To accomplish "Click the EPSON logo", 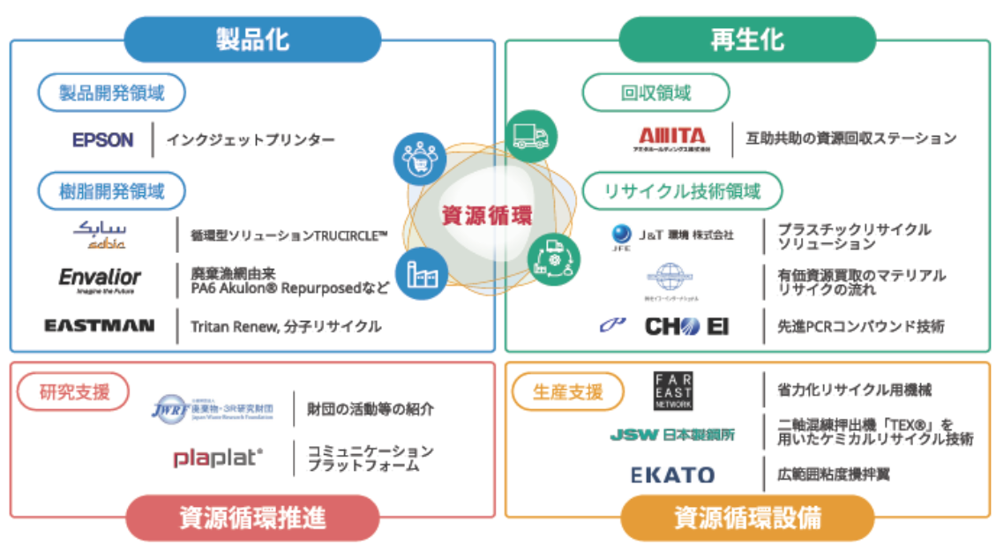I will (102, 139).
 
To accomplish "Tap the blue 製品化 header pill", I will (252, 39).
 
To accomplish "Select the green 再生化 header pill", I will (746, 39).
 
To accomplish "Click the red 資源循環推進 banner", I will (252, 518).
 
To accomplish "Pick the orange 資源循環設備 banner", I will (747, 518).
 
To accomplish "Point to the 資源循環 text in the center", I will (487, 214).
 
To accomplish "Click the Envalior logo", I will (100, 279).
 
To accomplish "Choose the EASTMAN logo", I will (100, 325).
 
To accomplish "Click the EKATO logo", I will (672, 474).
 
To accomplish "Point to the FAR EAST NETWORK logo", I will (673, 391).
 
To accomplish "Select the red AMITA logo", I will (673, 138).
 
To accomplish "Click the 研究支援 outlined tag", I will (75, 391).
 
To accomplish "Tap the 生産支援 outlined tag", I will (568, 391).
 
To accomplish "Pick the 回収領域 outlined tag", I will (655, 93).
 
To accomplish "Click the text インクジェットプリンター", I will (251, 139).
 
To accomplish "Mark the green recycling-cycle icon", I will (554, 258).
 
